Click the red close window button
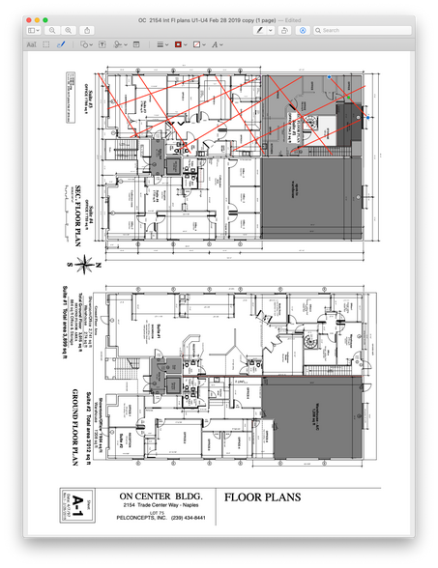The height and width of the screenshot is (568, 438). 31,19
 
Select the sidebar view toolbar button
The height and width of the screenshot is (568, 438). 34,31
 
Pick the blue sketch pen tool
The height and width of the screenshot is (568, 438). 62,44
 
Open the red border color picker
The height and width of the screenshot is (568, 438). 180,44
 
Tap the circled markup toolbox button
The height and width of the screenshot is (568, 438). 303,31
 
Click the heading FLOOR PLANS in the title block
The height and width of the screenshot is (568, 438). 262,498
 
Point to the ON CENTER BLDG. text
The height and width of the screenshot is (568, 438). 156,495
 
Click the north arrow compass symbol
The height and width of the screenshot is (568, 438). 87,260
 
